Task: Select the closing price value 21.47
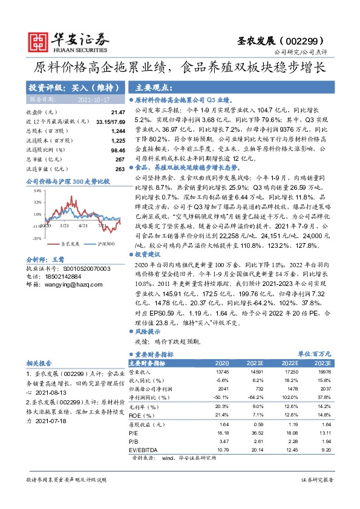pos(117,112)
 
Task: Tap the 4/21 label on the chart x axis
pos(83,227)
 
